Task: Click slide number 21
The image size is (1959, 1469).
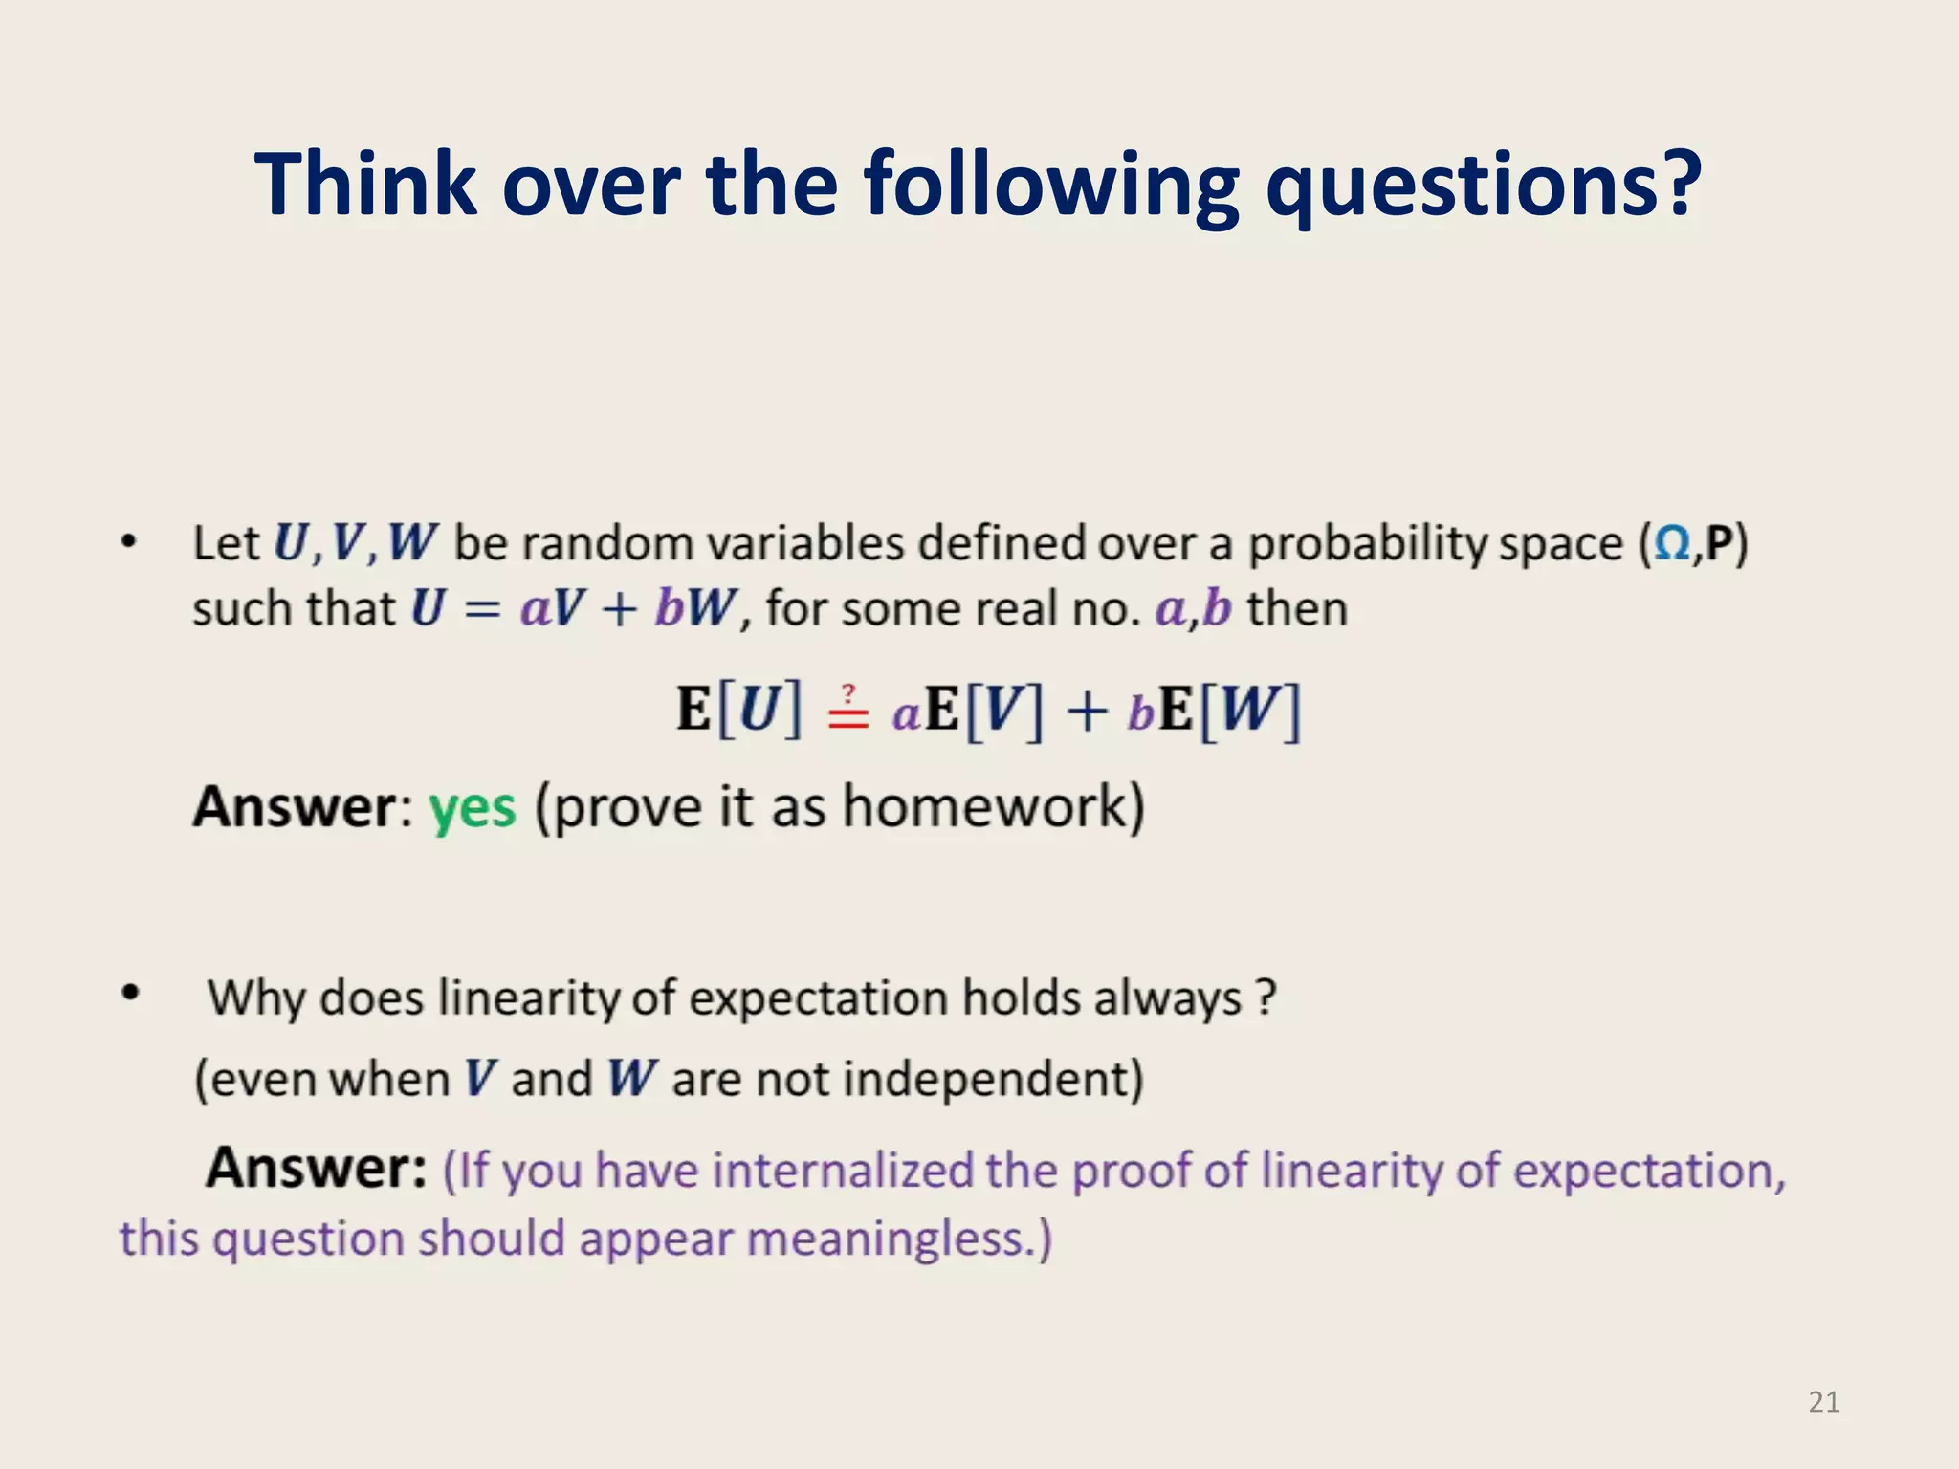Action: [x=1824, y=1402]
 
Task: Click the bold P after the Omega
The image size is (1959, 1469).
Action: [x=1719, y=543]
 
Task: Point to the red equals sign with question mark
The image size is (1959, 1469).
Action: [x=848, y=710]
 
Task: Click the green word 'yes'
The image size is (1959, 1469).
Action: [x=472, y=808]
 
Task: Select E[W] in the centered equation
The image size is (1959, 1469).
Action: [x=1230, y=710]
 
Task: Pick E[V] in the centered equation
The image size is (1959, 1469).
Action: [x=985, y=710]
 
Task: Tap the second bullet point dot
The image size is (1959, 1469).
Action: [x=131, y=994]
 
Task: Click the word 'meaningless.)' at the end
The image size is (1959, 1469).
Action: [x=899, y=1239]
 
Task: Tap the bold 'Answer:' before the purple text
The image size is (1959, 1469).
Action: [x=317, y=1168]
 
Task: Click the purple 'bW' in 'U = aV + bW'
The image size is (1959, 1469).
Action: [x=695, y=608]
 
